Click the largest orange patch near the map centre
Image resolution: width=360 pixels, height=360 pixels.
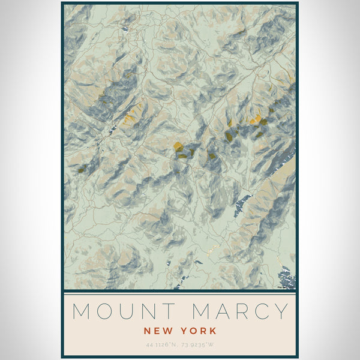[x=178, y=146]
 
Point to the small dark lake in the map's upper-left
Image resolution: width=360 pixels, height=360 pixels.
[x=125, y=27]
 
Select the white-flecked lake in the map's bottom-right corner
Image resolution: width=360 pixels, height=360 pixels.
[x=287, y=277]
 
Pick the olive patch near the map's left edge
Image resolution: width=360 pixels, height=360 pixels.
[x=80, y=170]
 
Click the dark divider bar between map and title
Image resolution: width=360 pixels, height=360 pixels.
[x=180, y=292]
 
